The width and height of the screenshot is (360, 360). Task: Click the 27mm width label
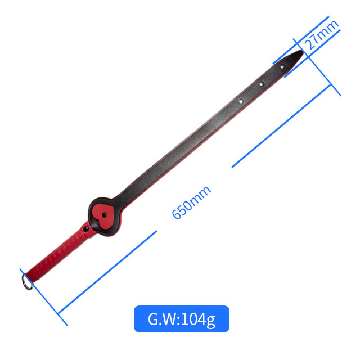click(x=322, y=35)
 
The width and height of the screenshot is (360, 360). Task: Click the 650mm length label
click(x=191, y=203)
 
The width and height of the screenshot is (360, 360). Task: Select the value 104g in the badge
click(x=199, y=320)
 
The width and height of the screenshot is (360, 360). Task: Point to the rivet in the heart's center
click(x=104, y=215)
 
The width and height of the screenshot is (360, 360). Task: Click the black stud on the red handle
click(x=86, y=229)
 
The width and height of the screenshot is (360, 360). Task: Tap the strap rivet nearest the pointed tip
click(x=282, y=66)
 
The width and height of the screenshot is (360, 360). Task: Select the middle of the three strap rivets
click(x=262, y=84)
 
